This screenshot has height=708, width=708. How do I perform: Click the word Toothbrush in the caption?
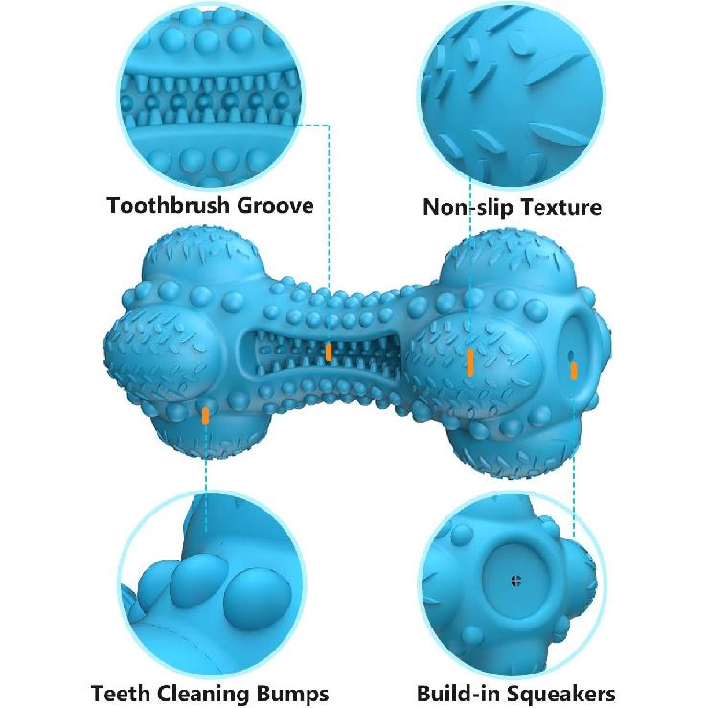point(169,205)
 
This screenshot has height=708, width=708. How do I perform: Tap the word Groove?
point(275,205)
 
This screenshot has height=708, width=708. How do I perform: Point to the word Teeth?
point(121,693)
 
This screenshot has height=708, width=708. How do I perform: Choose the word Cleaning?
point(204,694)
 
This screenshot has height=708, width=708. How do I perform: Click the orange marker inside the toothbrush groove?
point(329,352)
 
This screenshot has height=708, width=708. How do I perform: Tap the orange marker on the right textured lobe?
point(470,362)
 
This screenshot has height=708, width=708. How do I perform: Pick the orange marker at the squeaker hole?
point(574,370)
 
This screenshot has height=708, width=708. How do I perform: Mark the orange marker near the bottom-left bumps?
point(205,416)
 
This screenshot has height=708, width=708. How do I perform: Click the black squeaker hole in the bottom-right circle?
point(516,581)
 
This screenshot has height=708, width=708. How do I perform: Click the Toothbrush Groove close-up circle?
point(211,96)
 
